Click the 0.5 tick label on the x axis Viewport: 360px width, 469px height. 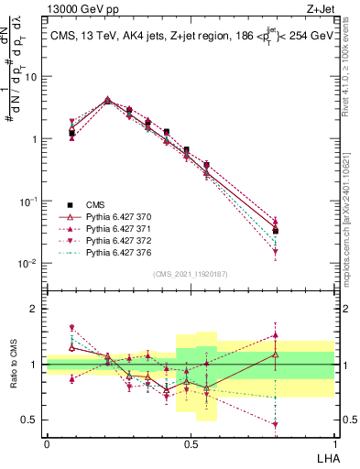[x=191, y=443]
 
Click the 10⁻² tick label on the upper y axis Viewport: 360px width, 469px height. [x=29, y=264]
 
